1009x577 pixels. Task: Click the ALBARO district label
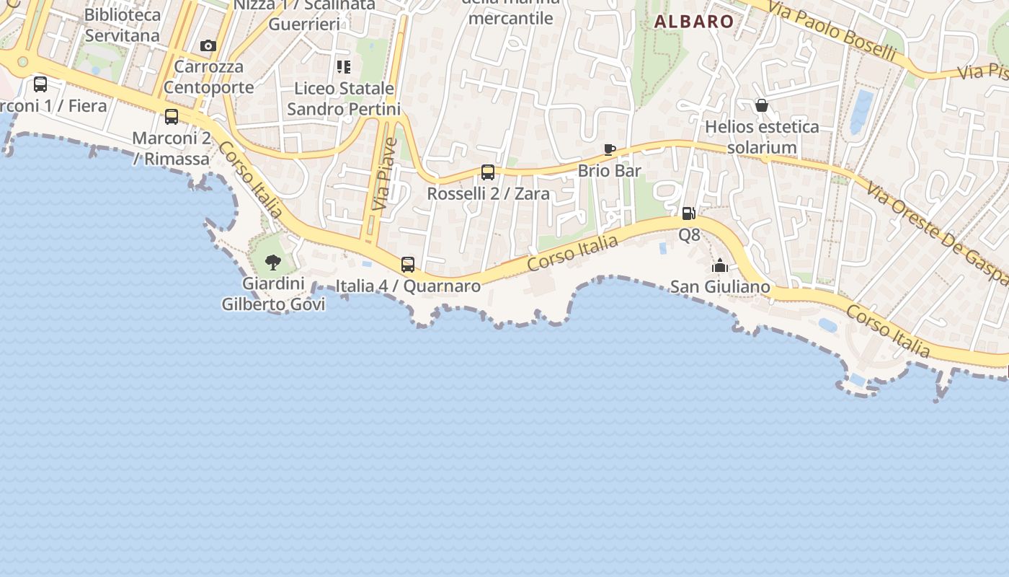[x=693, y=22]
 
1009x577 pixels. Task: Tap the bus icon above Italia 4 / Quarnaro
[x=408, y=265]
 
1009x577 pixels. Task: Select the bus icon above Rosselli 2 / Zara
[x=488, y=172]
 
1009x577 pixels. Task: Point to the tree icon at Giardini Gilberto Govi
[x=272, y=262]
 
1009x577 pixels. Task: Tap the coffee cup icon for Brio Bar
[x=610, y=150]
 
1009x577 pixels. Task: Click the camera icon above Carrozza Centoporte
[x=208, y=46]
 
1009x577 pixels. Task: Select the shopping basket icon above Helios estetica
[x=762, y=106]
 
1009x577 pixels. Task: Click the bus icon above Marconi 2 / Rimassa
[x=172, y=117]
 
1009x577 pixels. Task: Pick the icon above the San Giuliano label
[x=719, y=266]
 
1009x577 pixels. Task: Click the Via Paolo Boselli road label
[x=832, y=30]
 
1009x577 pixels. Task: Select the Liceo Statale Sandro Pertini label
[x=344, y=99]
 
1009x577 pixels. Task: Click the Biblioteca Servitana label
[x=122, y=25]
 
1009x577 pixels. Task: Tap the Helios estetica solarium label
[x=762, y=137]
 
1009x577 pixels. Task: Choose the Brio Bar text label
[x=610, y=171]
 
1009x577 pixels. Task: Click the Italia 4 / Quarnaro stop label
[x=408, y=286]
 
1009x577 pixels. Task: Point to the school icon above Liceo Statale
[x=344, y=67]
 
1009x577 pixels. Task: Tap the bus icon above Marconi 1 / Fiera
[x=40, y=84]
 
